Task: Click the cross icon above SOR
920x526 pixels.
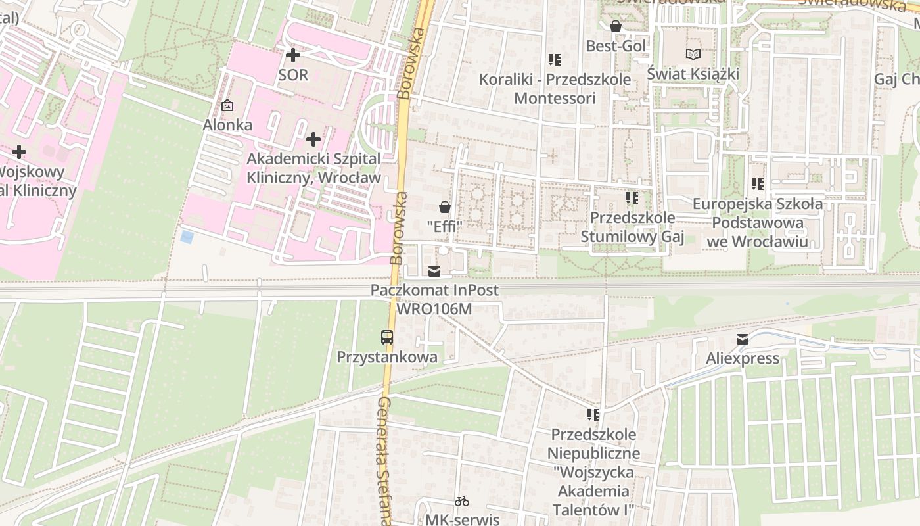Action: [293, 55]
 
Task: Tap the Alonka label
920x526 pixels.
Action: [227, 124]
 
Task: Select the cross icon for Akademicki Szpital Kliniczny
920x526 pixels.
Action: [313, 139]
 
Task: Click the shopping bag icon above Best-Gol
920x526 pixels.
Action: [616, 27]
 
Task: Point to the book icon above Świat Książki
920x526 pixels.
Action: [693, 55]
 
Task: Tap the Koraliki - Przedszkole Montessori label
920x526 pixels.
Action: [555, 89]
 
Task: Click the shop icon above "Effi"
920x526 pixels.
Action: [445, 207]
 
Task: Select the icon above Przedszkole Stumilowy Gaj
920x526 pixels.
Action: [632, 198]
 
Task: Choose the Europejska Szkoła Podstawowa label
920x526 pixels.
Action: [757, 223]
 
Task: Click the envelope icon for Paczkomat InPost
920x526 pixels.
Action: [434, 271]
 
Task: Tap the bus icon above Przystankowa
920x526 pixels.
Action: [387, 337]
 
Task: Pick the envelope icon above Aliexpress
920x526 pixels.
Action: [743, 339]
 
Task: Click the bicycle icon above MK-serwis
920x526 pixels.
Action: [462, 501]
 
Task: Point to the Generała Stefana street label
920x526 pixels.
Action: [384, 460]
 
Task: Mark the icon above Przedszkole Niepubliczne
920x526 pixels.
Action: [593, 415]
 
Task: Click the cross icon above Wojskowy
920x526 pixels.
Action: [19, 153]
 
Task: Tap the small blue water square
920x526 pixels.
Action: [187, 237]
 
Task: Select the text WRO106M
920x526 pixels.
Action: [434, 308]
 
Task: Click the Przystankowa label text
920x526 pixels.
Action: [387, 358]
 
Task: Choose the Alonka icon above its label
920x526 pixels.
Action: [227, 105]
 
